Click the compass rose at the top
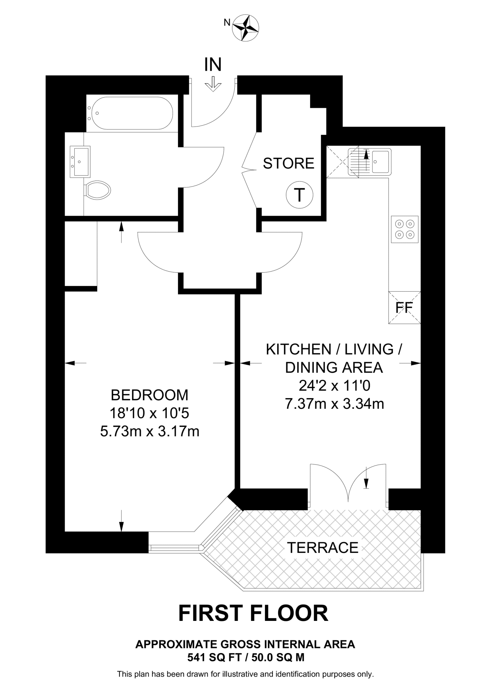coord(246,28)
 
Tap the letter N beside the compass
coord(227,23)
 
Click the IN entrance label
coord(213,64)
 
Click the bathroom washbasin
coord(80,162)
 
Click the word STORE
coord(288,163)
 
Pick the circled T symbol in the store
coord(299,195)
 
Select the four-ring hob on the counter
coord(405,229)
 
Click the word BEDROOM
coord(149,395)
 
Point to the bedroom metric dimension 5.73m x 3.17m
coord(150,432)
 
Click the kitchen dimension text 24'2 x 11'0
coord(334,386)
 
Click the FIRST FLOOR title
coord(253,613)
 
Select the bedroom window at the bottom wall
coord(175,548)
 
